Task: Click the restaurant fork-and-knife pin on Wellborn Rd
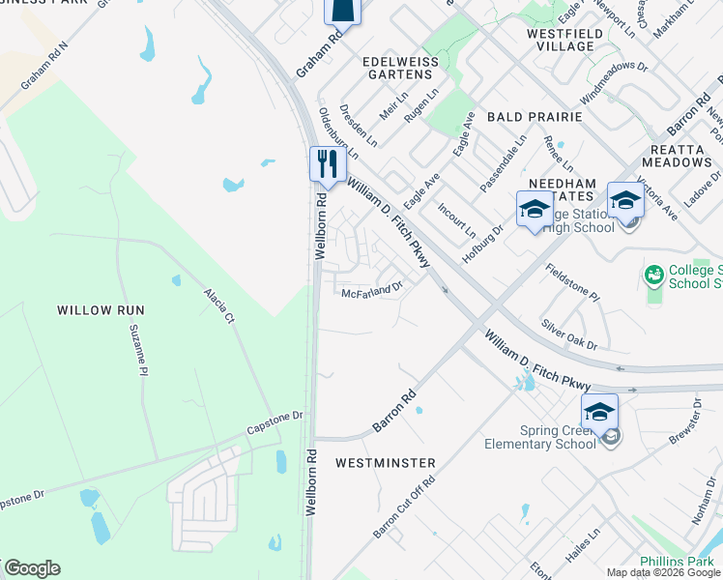click(x=327, y=163)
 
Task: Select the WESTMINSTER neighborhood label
click(x=385, y=463)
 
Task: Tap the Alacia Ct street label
click(x=218, y=304)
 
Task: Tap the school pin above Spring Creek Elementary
click(x=599, y=412)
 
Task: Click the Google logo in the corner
click(x=31, y=568)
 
